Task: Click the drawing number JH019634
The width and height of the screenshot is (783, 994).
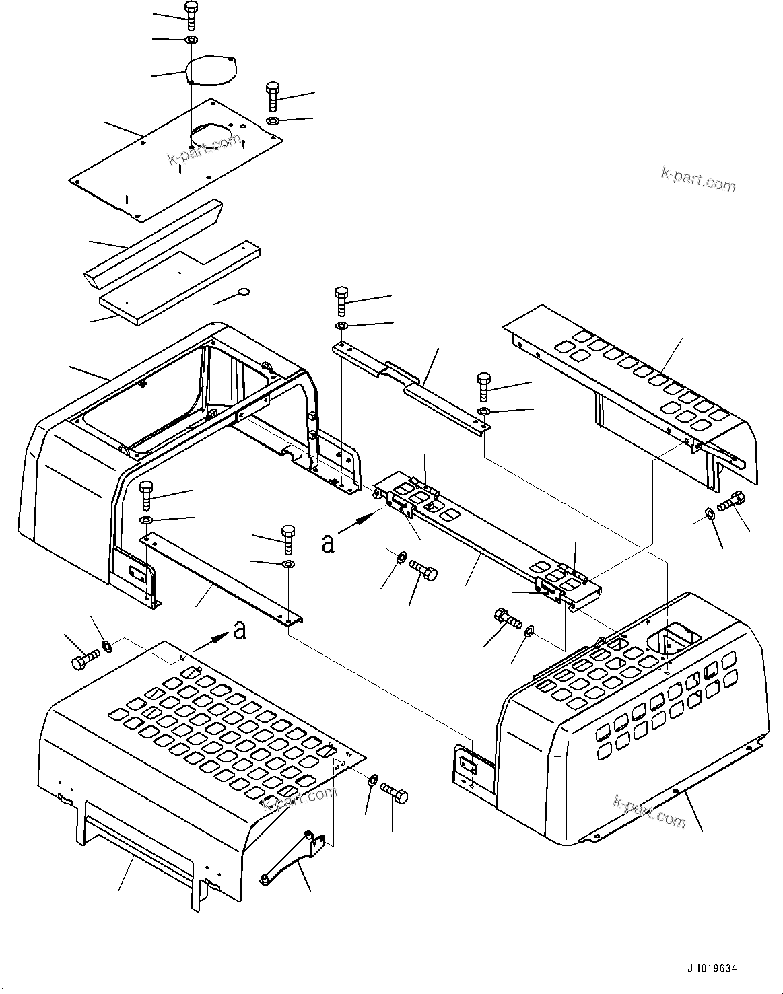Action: coord(712,968)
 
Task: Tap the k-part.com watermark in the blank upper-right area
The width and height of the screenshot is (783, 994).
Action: coord(698,179)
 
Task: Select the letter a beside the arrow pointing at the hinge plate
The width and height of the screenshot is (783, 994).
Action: coord(328,542)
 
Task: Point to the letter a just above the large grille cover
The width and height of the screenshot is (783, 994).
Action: coord(239,630)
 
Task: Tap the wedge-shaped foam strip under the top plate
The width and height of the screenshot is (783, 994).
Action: coord(151,239)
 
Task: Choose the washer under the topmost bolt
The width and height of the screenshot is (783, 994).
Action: coord(191,41)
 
